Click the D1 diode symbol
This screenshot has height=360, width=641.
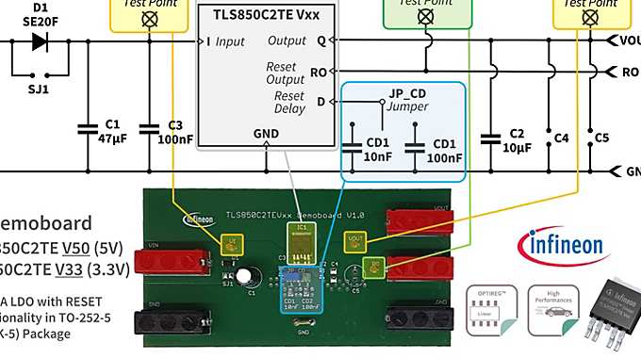click(40, 41)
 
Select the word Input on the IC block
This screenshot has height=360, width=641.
click(229, 41)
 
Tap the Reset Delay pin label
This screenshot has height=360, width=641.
click(288, 102)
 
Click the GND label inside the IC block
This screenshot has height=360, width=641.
click(266, 134)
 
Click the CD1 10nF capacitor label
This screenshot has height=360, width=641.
click(378, 151)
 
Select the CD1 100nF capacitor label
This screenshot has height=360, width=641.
click(443, 151)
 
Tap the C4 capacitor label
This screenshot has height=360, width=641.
click(563, 138)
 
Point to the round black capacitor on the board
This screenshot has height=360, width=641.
click(245, 277)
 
